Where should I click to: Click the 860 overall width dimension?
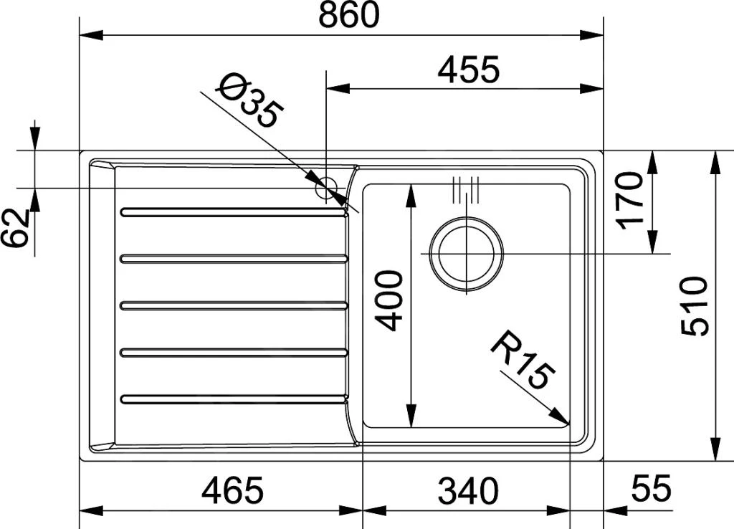348,15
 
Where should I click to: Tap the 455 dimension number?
469,70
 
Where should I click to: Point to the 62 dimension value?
15,228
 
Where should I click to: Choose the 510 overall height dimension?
694,305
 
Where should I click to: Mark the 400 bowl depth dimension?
389,300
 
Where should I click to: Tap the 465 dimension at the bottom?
233,490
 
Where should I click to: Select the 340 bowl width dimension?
468,490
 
